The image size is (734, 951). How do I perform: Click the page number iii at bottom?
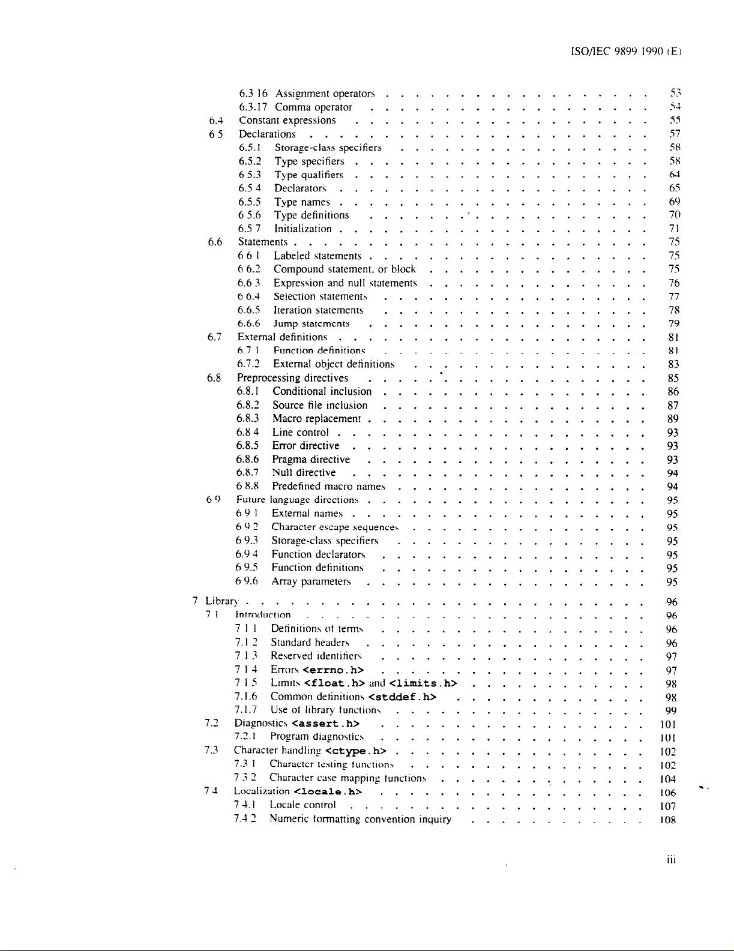pos(671,859)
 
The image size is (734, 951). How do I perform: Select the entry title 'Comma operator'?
pos(313,107)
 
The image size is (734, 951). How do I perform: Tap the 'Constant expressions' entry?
pos(287,121)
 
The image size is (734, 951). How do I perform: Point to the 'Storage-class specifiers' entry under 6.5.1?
pos(328,148)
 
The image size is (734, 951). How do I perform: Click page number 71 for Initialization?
pos(673,229)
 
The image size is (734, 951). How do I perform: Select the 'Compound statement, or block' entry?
pos(344,269)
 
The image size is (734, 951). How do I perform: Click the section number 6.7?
pos(215,337)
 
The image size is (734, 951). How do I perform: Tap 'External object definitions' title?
pos(334,364)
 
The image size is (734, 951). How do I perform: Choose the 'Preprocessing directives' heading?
pos(292,378)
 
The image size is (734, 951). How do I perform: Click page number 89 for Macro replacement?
pos(673,419)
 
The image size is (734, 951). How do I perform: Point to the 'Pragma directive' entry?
pos(311,460)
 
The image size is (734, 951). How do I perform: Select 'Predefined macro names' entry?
pos(328,487)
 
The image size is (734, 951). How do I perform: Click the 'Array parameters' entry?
pos(311,581)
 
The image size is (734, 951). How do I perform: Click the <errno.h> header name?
pos(334,670)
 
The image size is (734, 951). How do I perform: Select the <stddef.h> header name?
pos(402,697)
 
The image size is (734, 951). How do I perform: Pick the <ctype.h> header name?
pos(355,751)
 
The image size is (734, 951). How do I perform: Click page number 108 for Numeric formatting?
pos(667,820)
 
